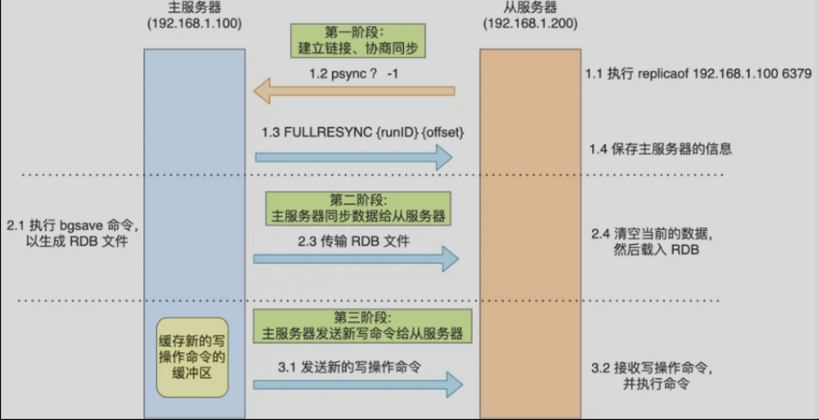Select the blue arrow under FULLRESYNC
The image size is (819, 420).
tap(353, 157)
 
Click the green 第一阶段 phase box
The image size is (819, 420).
tap(358, 37)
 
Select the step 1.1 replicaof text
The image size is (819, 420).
tap(697, 75)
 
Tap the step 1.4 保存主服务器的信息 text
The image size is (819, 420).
tap(660, 149)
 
